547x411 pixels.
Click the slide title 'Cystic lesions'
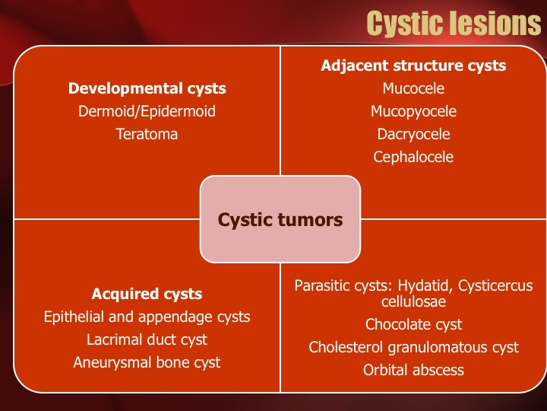(x=454, y=24)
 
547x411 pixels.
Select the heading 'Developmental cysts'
(x=147, y=89)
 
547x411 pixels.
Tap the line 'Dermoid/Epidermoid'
(x=147, y=111)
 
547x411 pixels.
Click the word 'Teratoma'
(x=147, y=134)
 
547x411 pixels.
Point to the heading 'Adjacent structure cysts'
(x=413, y=65)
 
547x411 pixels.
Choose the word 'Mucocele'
(x=413, y=88)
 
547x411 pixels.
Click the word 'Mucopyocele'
(x=413, y=111)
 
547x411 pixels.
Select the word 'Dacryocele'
(x=413, y=135)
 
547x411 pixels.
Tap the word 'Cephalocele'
(x=413, y=158)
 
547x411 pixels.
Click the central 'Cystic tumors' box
(x=280, y=219)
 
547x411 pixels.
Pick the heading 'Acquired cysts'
(x=147, y=295)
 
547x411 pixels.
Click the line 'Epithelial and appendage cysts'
(x=147, y=317)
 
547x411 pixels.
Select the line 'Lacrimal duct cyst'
(x=147, y=340)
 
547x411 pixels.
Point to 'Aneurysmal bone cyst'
(x=147, y=363)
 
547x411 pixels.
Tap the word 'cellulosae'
(x=413, y=301)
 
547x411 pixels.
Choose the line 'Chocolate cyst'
(x=413, y=325)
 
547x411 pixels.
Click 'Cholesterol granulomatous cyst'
(x=413, y=347)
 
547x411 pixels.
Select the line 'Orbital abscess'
(x=413, y=370)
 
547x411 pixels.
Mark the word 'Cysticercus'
(x=495, y=286)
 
